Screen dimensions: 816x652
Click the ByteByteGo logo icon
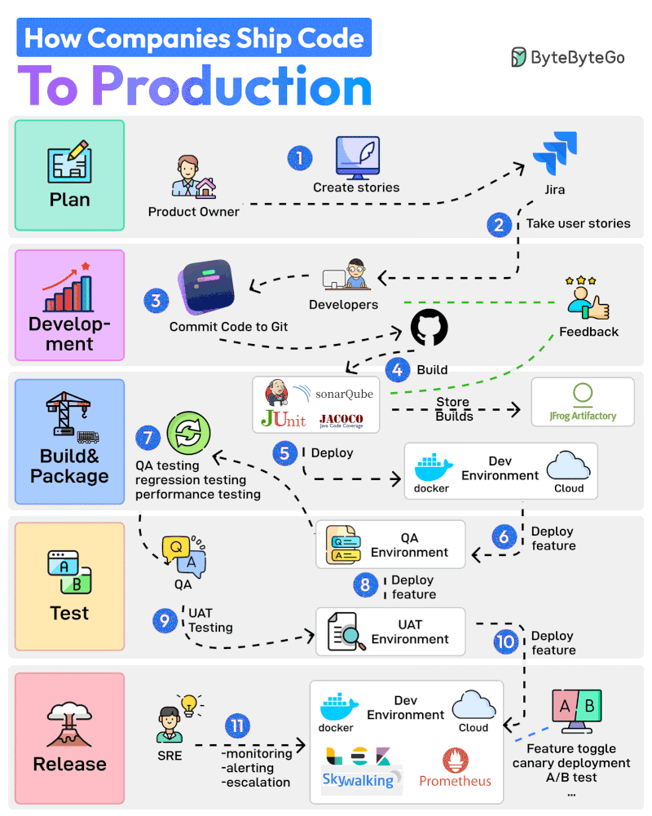pyautogui.click(x=518, y=56)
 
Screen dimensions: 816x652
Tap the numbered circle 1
pyautogui.click(x=300, y=157)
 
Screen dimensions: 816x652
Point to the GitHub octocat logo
pyautogui.click(x=429, y=329)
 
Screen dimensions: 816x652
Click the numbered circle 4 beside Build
pyautogui.click(x=398, y=369)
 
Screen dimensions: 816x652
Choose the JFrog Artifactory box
pyautogui.click(x=582, y=401)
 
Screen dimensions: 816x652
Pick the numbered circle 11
pyautogui.click(x=237, y=726)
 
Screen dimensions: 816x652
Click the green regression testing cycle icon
pyautogui.click(x=188, y=433)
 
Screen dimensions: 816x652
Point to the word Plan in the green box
pyautogui.click(x=69, y=200)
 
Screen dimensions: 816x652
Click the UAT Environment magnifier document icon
pyautogui.click(x=344, y=632)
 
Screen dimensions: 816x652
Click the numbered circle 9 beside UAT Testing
pyautogui.click(x=165, y=620)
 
